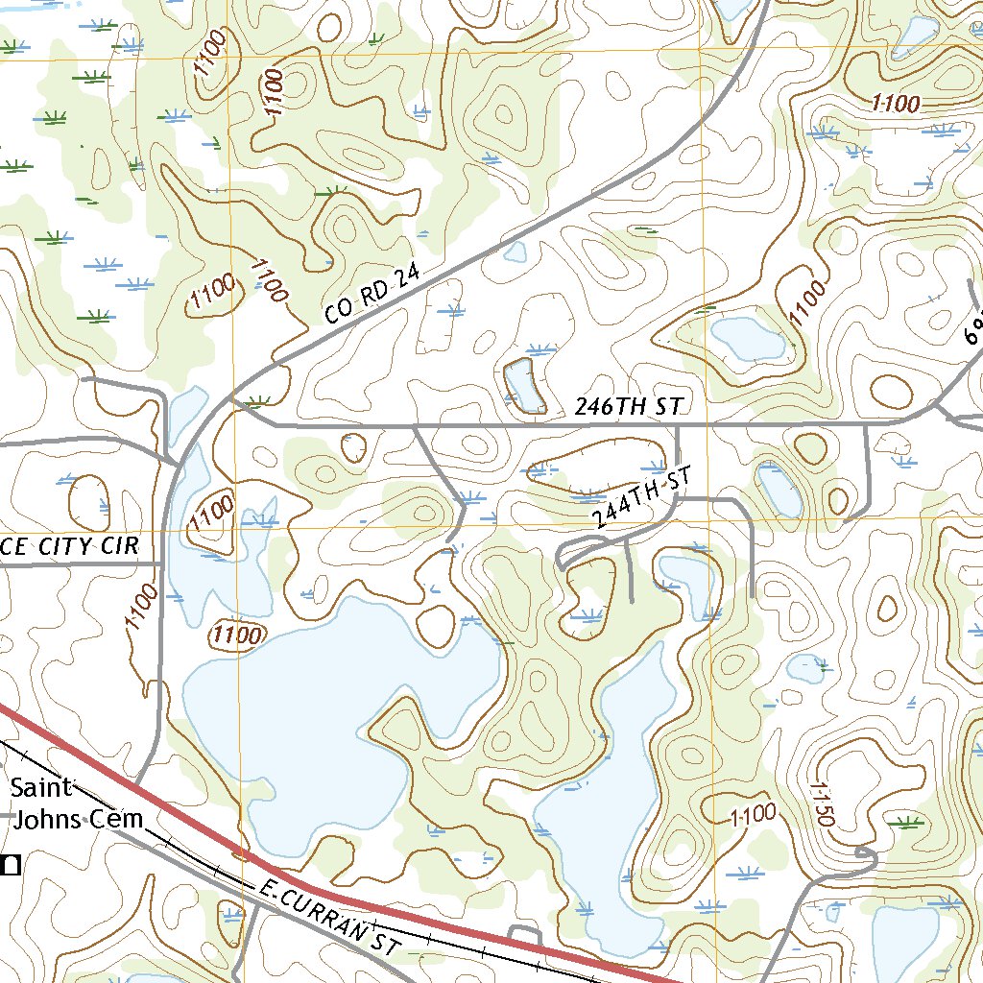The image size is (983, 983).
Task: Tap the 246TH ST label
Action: click(x=628, y=407)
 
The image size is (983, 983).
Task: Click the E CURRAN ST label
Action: click(x=327, y=920)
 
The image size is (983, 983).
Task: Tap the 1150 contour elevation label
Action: click(x=824, y=804)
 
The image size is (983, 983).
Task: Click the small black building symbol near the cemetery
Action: click(x=11, y=865)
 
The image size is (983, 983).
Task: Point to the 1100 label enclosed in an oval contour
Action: click(x=236, y=635)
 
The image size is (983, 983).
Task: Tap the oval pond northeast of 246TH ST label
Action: click(x=747, y=338)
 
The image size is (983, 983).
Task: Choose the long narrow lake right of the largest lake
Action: click(x=614, y=806)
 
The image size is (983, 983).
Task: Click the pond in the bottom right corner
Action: click(x=907, y=941)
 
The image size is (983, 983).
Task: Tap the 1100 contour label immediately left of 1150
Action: click(x=753, y=816)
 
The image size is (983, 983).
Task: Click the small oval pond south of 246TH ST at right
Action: click(x=779, y=489)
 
